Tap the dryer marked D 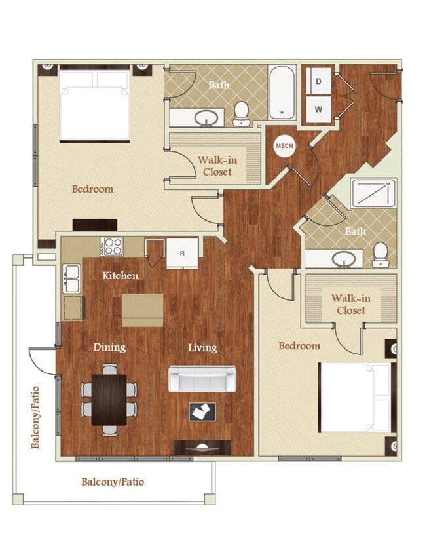[319, 82]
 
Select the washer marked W [319, 109]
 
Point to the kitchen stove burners [113, 247]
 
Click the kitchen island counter [143, 309]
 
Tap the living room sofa [202, 378]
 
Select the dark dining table [109, 399]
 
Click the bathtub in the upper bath [282, 92]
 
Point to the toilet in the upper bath [242, 113]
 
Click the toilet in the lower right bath [380, 255]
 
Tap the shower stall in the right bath [373, 193]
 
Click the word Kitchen [121, 276]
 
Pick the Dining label [109, 347]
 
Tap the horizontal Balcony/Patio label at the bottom [113, 482]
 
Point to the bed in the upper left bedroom [94, 105]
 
